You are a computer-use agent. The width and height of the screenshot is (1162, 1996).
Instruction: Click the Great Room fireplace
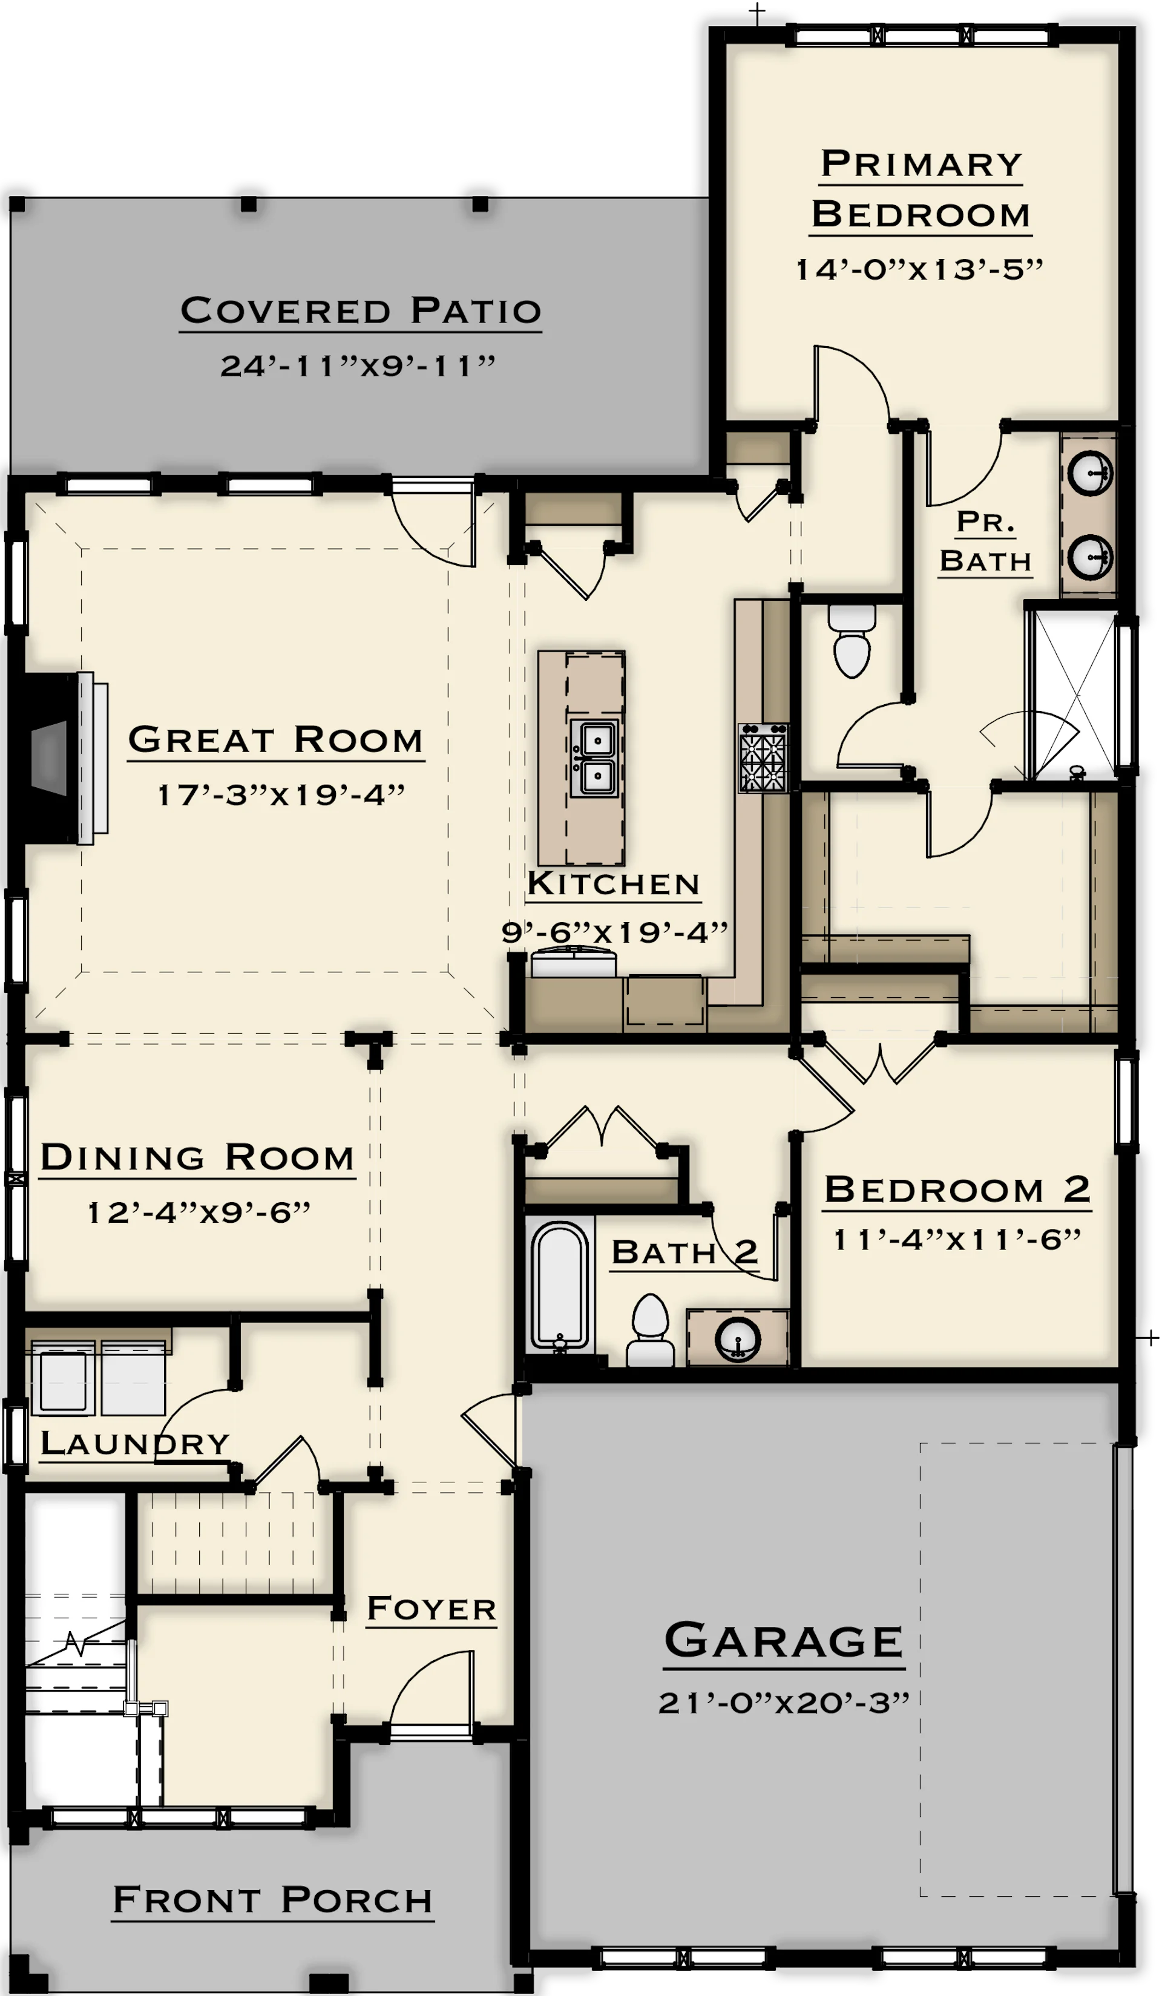[64, 758]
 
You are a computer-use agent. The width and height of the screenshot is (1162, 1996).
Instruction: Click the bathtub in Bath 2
[559, 1286]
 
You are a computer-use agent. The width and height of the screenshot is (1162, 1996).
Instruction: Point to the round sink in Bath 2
[737, 1340]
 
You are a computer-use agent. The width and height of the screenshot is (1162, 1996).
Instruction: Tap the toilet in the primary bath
[852, 641]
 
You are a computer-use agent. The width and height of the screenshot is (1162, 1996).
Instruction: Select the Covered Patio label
[361, 310]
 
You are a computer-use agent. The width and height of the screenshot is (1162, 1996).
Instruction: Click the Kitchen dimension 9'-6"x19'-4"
[615, 932]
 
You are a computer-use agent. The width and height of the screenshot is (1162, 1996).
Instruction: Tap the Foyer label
[432, 1609]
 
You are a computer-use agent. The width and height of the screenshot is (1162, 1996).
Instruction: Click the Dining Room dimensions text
[198, 1212]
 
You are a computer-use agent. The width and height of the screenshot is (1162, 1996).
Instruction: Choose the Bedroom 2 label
[957, 1189]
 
